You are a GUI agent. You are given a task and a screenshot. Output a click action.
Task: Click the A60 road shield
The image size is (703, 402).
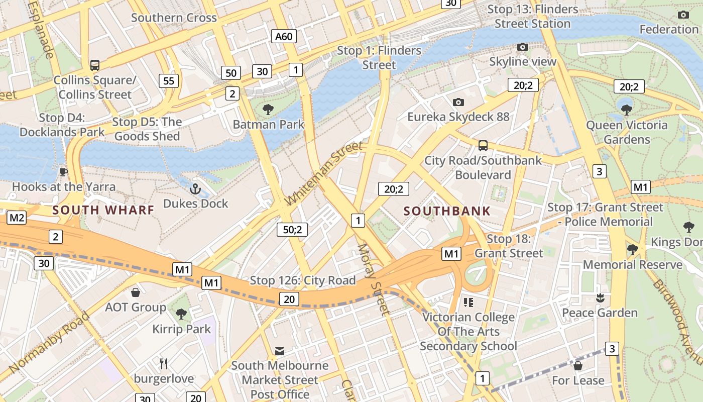(284, 36)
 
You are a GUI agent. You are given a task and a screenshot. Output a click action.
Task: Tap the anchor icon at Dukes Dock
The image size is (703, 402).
(195, 189)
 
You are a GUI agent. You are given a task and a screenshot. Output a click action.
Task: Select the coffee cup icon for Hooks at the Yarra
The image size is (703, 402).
(63, 172)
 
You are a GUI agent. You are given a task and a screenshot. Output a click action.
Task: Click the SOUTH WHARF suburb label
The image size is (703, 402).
(103, 210)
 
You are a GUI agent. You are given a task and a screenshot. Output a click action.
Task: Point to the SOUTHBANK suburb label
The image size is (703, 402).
(447, 211)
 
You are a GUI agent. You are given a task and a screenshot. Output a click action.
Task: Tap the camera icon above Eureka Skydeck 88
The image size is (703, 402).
(458, 103)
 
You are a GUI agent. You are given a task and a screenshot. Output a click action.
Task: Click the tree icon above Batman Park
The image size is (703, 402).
(268, 109)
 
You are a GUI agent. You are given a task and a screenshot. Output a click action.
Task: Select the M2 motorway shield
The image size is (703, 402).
(17, 218)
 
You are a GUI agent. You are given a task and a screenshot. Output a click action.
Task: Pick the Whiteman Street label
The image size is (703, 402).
(323, 173)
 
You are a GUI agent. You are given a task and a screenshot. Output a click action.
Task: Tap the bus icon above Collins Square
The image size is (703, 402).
(94, 65)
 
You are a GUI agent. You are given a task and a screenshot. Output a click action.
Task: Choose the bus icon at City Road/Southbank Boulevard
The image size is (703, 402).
(483, 146)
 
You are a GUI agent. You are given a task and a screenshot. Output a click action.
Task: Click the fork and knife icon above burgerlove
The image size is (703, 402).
(163, 363)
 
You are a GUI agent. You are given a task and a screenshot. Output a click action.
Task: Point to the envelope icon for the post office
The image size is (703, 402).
(280, 351)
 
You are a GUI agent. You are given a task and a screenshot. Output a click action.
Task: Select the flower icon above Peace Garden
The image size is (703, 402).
(599, 298)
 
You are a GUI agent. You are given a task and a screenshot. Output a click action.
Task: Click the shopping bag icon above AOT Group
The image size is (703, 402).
(135, 292)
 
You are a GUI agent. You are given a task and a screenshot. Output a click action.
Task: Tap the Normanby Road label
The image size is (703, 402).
(49, 342)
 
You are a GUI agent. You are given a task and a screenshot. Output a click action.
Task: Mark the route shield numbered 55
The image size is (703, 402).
(169, 80)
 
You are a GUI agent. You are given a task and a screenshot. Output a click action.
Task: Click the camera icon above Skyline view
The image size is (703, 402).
(523, 47)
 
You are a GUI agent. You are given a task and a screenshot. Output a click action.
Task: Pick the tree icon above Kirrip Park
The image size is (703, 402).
(181, 314)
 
